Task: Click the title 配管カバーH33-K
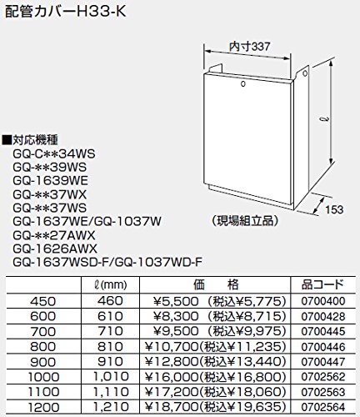tap(66, 12)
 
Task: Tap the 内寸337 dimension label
tap(249, 46)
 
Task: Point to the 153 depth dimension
tap(334, 209)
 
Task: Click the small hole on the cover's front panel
tap(243, 83)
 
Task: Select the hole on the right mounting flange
tap(305, 73)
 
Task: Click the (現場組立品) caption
tap(244, 221)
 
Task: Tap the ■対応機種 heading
tap(30, 140)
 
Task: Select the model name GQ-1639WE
tap(50, 181)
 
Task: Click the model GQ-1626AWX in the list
tap(55, 249)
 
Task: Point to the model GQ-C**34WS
tap(54, 153)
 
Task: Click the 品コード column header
tap(322, 284)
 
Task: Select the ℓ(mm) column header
tap(110, 284)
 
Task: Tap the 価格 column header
tap(216, 284)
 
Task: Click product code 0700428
tap(323, 316)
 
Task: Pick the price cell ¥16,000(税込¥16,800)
tap(216, 377)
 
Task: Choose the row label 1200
tap(43, 408)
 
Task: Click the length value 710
tap(110, 331)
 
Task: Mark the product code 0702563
tap(323, 392)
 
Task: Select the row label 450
tap(43, 301)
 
